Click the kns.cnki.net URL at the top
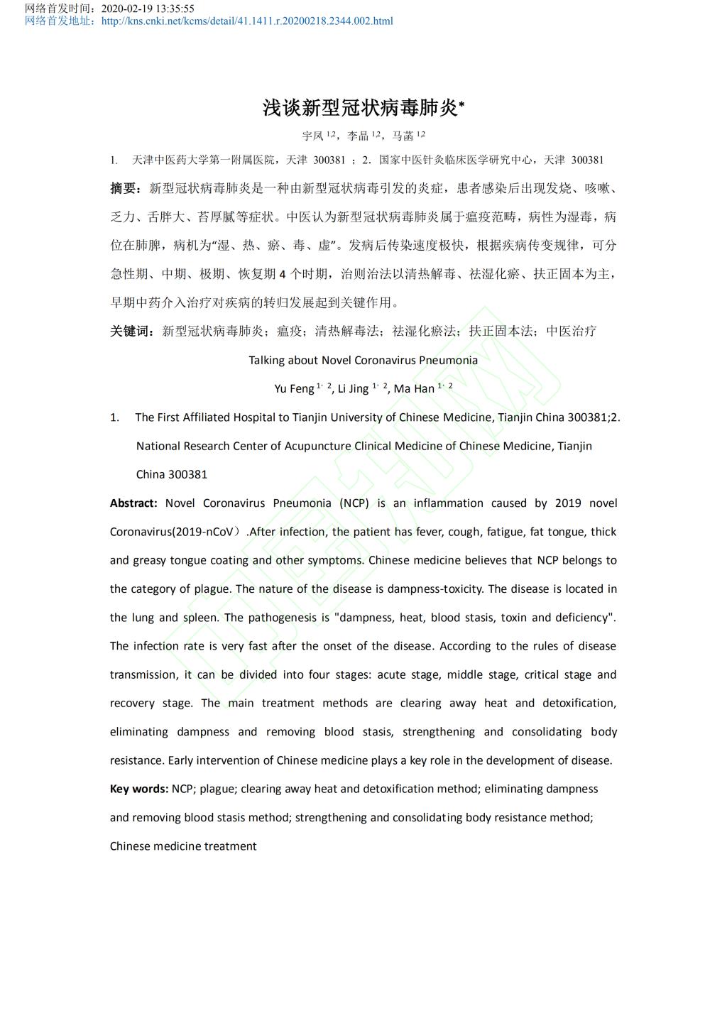(x=247, y=21)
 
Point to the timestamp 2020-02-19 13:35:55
(x=148, y=9)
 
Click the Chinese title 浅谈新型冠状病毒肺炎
(x=361, y=108)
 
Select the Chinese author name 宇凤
(x=312, y=136)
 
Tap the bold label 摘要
(x=124, y=188)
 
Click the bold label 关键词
(x=130, y=331)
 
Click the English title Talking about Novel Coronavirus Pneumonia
(x=363, y=360)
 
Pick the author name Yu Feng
(x=294, y=388)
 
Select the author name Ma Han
(x=414, y=388)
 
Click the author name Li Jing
(x=353, y=388)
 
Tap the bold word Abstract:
(x=133, y=503)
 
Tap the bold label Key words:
(x=139, y=789)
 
